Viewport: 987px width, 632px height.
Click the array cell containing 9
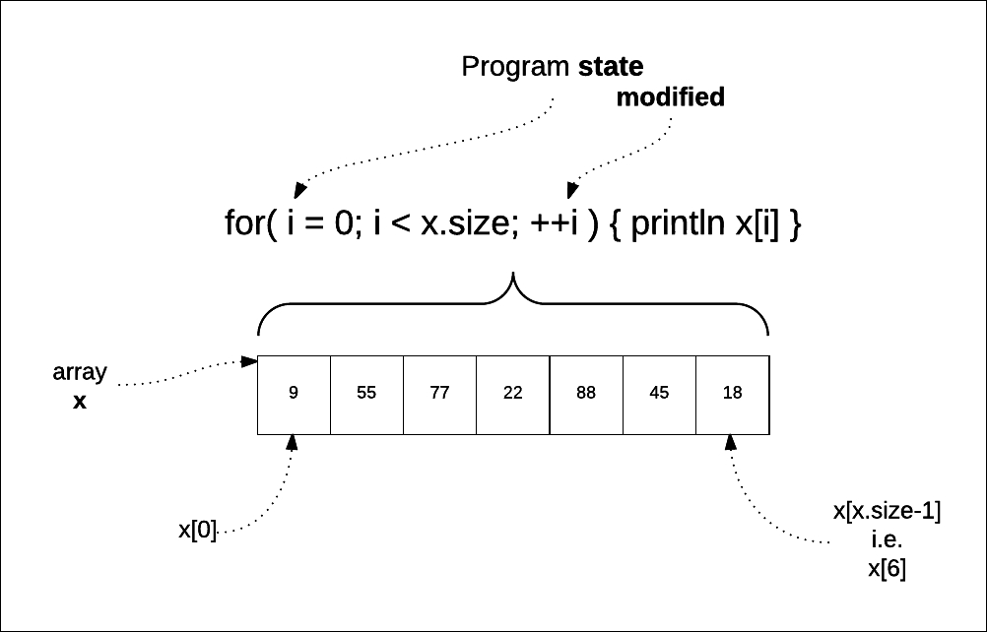(294, 394)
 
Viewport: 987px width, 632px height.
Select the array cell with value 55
(366, 394)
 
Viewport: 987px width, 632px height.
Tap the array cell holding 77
(439, 394)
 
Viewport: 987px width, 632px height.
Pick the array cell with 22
(512, 394)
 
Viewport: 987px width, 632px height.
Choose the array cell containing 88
(585, 394)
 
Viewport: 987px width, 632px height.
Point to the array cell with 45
(659, 394)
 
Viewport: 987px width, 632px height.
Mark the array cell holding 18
(732, 394)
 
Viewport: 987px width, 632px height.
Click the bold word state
(610, 67)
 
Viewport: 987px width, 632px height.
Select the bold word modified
(670, 97)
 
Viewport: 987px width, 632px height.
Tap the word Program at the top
(515, 68)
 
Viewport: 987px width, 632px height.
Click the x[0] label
(197, 530)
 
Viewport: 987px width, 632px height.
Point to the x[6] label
(887, 568)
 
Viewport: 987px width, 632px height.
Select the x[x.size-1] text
(887, 512)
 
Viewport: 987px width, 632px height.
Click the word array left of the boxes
(80, 374)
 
